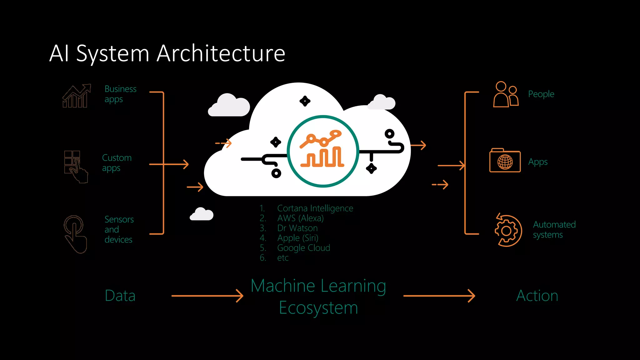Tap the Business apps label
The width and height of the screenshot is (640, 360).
click(x=120, y=94)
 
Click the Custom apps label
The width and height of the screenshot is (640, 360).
click(x=117, y=162)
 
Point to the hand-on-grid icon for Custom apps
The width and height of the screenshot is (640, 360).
click(x=76, y=166)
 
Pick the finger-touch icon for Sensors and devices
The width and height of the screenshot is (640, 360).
click(x=75, y=234)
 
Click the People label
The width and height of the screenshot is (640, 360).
click(x=541, y=94)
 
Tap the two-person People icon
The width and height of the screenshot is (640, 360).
click(x=505, y=94)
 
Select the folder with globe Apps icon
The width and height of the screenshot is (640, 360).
click(x=505, y=160)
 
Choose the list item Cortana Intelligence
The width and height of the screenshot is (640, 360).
click(x=315, y=208)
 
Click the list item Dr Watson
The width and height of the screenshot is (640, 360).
click(x=297, y=228)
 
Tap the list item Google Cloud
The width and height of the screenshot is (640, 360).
click(x=303, y=248)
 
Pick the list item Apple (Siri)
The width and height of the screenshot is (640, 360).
click(x=297, y=238)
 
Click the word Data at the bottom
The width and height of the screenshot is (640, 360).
click(x=120, y=296)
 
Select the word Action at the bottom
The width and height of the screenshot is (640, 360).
click(x=537, y=296)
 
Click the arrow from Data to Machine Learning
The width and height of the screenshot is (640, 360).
click(x=207, y=296)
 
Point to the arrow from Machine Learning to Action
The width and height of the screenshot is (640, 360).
click(x=439, y=296)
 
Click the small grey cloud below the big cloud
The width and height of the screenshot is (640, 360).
click(x=202, y=214)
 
